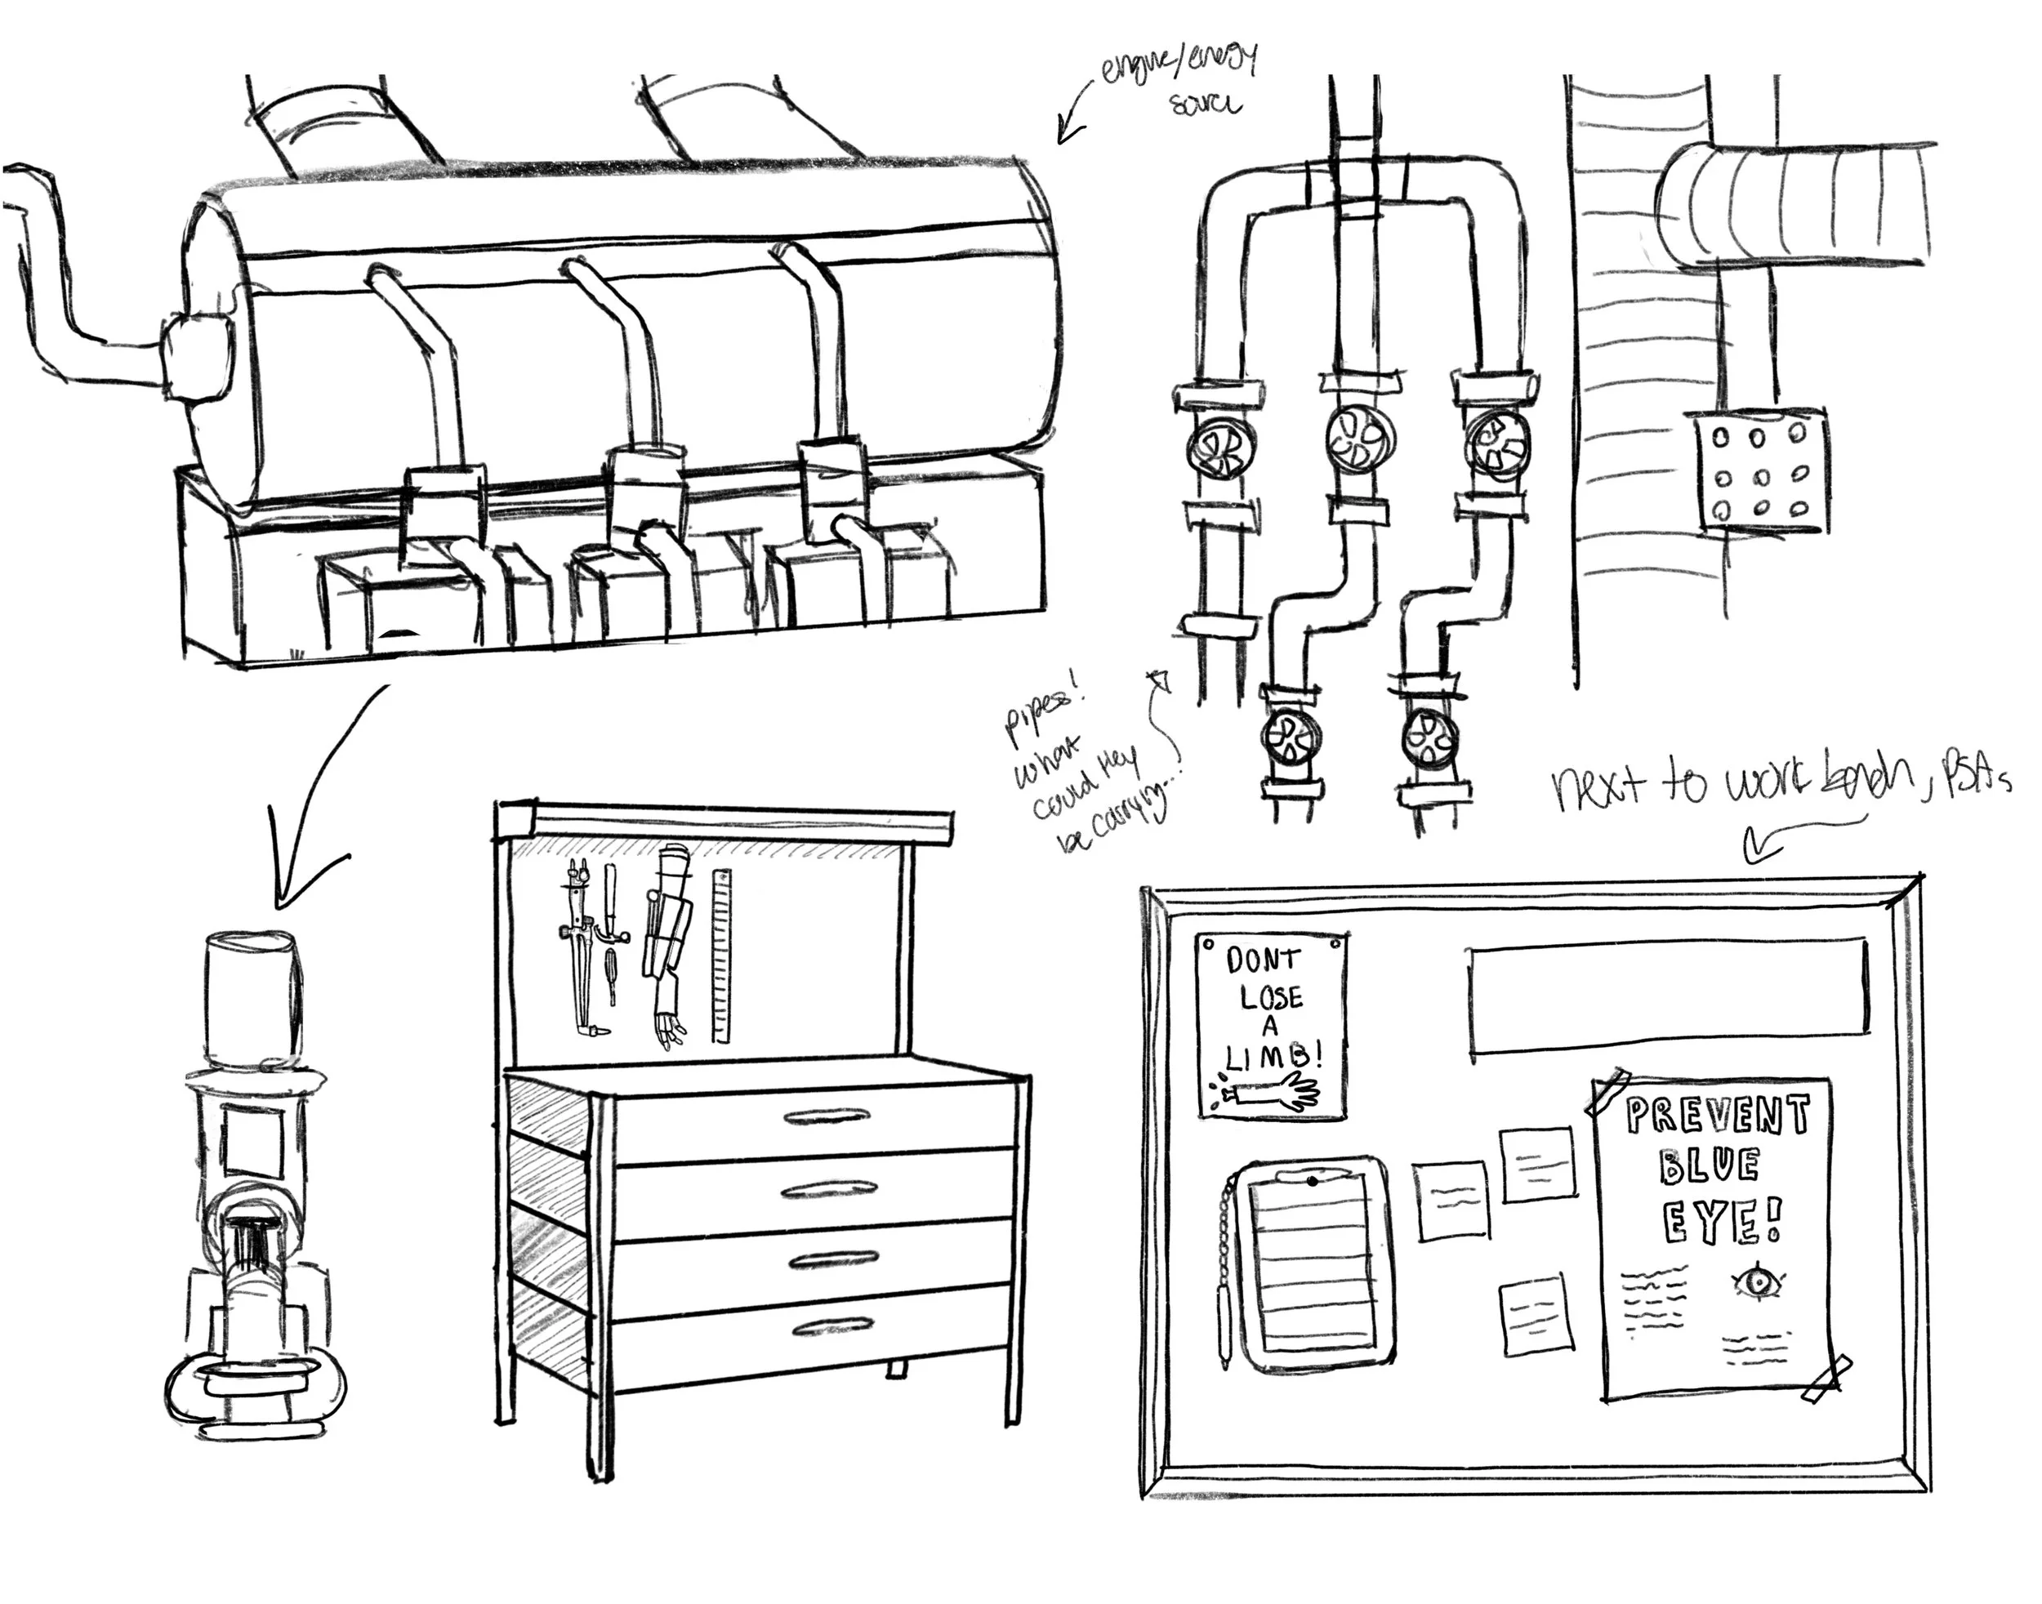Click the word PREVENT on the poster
1717,1116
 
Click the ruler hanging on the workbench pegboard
721,955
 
